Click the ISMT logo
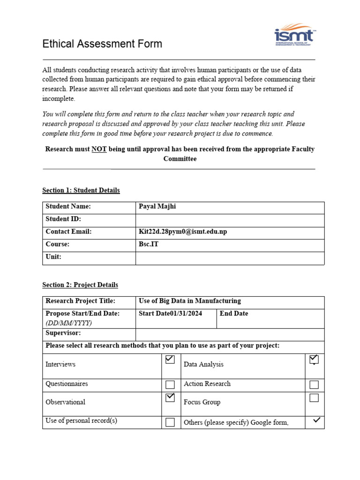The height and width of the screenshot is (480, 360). click(295, 36)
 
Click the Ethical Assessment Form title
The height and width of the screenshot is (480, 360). click(102, 44)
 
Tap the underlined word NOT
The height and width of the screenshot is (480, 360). click(99, 149)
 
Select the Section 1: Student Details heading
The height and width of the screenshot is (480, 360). click(81, 190)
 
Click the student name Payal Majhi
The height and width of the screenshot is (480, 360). click(157, 207)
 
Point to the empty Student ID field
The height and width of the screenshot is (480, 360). click(230, 219)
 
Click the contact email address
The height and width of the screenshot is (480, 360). click(183, 232)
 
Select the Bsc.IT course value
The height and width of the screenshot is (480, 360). click(149, 245)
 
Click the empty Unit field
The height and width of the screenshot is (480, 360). click(230, 257)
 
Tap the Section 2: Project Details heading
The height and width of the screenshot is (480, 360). click(80, 285)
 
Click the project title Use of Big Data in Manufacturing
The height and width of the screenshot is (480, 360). click(190, 301)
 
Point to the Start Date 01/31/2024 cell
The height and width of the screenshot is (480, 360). click(171, 314)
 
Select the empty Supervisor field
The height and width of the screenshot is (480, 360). click(230, 333)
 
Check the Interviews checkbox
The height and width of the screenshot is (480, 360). click(170, 360)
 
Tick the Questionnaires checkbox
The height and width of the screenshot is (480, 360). click(170, 385)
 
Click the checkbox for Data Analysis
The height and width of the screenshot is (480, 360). click(314, 360)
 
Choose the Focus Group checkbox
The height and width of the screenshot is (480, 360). click(314, 398)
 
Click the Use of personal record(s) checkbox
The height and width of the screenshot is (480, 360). click(170, 422)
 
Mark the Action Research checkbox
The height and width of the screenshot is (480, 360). click(314, 385)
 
